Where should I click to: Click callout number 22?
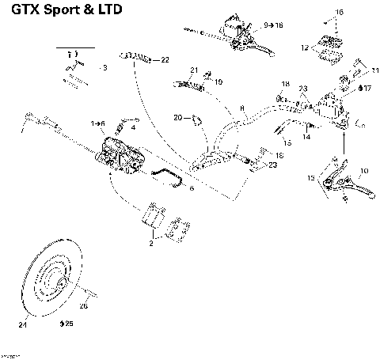pyautogui.click(x=164, y=60)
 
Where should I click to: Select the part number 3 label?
pyautogui.click(x=104, y=69)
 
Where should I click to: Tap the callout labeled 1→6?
pyautogui.click(x=98, y=123)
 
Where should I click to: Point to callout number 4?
pyautogui.click(x=133, y=127)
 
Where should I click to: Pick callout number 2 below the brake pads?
pyautogui.click(x=151, y=245)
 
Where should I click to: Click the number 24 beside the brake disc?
pyautogui.click(x=22, y=323)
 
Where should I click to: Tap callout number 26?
pyautogui.click(x=84, y=305)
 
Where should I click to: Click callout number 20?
pyautogui.click(x=178, y=118)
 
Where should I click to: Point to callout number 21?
pyautogui.click(x=193, y=70)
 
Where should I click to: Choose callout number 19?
pyautogui.click(x=218, y=81)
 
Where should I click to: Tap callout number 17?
pyautogui.click(x=365, y=89)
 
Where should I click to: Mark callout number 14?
pyautogui.click(x=306, y=137)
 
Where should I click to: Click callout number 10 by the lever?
pyautogui.click(x=363, y=171)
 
